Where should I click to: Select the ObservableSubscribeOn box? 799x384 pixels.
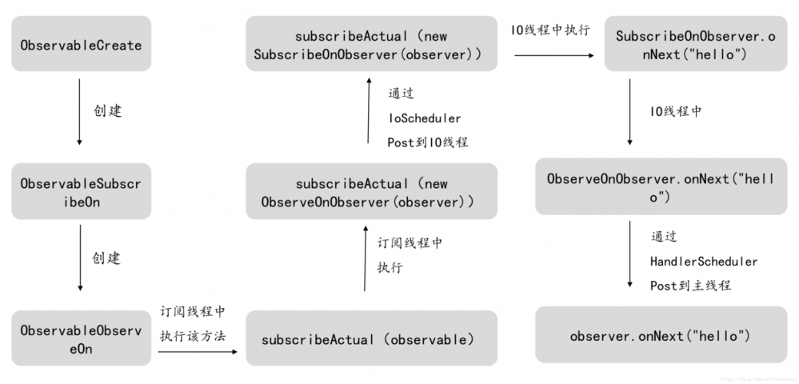[x=81, y=191]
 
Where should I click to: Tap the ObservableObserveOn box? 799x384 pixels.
[x=81, y=338]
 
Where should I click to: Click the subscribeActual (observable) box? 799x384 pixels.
[x=371, y=338]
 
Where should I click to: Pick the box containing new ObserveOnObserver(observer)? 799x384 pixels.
[x=371, y=192]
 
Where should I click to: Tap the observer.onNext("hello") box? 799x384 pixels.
[x=661, y=335]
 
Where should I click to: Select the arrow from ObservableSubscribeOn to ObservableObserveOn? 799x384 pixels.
[x=79, y=258]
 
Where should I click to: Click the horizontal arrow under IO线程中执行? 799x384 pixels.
[x=553, y=56]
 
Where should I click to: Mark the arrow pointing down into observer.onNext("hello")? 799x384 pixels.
[x=630, y=260]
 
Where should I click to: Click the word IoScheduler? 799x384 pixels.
[x=425, y=118]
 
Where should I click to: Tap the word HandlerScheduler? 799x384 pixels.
[x=704, y=261]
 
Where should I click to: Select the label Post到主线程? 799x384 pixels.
[x=690, y=286]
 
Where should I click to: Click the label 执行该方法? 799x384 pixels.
[x=193, y=334]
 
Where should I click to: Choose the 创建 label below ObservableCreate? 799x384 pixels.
[x=107, y=111]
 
